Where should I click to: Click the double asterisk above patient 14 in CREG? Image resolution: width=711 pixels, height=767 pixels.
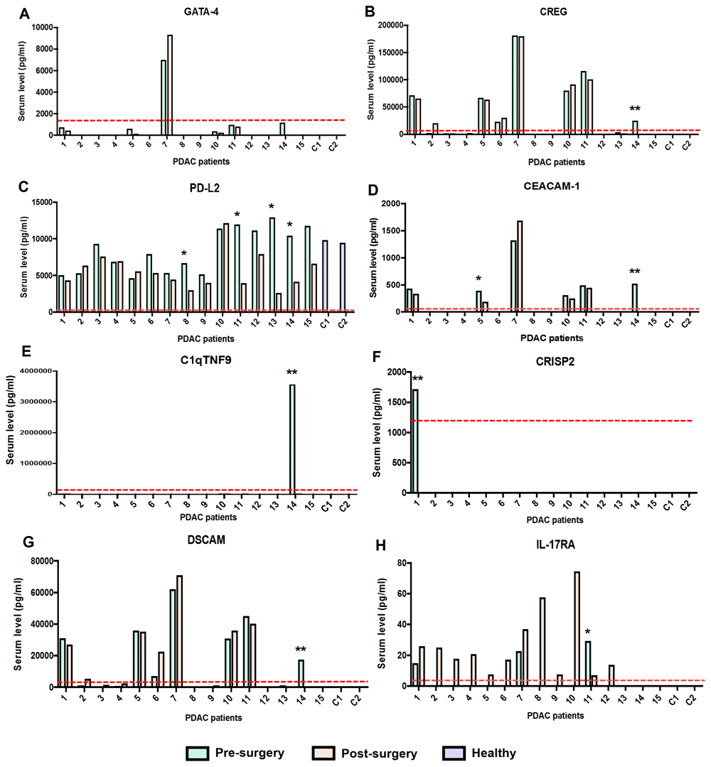coord(635,109)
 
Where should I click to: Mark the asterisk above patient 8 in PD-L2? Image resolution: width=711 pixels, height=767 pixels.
coord(184,254)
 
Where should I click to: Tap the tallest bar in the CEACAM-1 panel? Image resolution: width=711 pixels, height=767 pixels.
coord(520,267)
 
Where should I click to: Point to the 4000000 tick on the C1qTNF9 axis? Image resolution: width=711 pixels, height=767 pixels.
coord(30,370)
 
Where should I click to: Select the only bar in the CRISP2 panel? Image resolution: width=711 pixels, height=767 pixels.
coord(415,441)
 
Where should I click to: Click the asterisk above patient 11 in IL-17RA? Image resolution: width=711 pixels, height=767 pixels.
coord(588,632)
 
